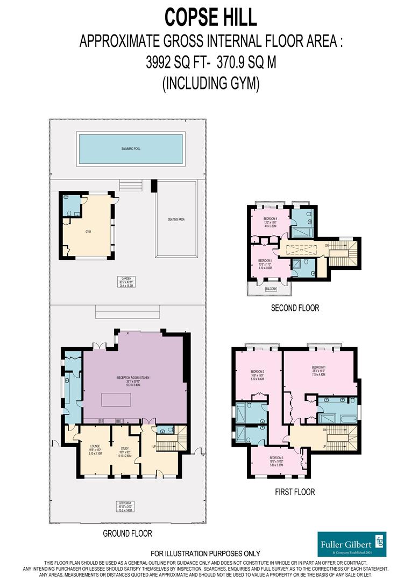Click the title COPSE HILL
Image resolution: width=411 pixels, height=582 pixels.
coord(210,17)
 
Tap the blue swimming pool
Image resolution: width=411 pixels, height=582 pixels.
coord(131,149)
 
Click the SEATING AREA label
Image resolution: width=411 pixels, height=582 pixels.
coord(176,219)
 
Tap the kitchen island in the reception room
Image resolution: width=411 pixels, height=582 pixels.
coord(116,400)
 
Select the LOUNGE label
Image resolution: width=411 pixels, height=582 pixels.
coord(95,448)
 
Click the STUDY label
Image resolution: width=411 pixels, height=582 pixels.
coord(125,450)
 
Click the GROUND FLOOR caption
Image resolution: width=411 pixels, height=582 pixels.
coord(127,533)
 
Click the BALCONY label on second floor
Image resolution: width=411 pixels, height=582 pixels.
coord(271,289)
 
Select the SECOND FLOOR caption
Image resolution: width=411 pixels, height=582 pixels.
coord(295,308)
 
